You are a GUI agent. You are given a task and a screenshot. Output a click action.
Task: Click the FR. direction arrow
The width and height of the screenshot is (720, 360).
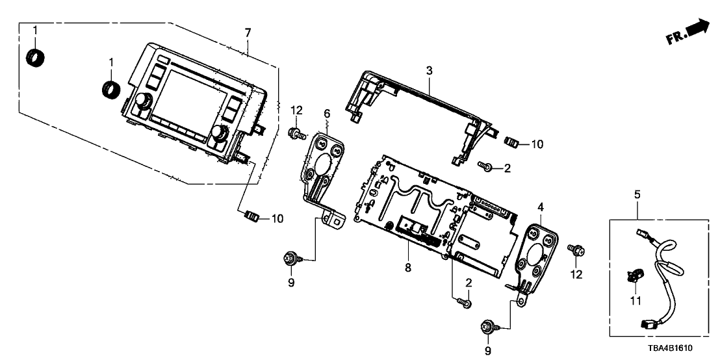click(x=688, y=32)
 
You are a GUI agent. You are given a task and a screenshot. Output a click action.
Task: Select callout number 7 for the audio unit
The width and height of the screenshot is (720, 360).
click(x=248, y=32)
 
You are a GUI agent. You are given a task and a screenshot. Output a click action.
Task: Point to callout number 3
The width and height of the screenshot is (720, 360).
click(x=429, y=70)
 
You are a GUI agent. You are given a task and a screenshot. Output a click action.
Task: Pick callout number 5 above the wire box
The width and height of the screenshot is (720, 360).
click(x=637, y=194)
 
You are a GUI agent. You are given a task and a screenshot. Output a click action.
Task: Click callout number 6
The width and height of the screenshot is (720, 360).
click(x=327, y=114)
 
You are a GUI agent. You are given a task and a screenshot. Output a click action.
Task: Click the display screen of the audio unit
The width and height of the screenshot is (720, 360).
click(x=192, y=97)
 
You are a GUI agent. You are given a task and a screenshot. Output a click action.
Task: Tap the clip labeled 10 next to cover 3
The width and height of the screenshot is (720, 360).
click(x=513, y=140)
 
